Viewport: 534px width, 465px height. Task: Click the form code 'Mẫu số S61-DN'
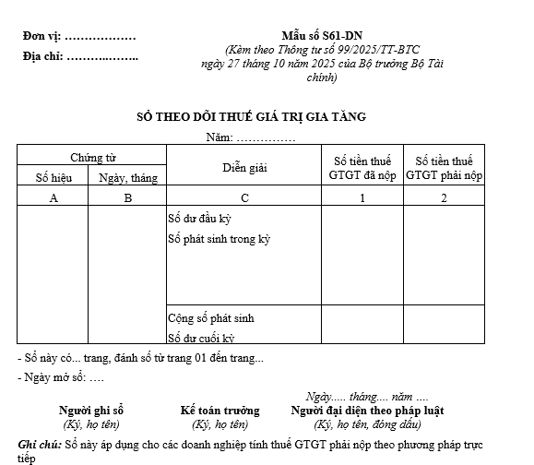click(315, 35)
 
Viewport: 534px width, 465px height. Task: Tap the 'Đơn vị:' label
click(42, 36)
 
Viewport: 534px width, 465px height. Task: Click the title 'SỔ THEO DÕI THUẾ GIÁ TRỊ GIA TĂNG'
click(252, 117)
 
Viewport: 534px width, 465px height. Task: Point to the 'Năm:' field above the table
click(219, 137)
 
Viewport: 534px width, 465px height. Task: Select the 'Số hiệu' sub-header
click(53, 177)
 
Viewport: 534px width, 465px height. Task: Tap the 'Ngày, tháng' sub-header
click(128, 177)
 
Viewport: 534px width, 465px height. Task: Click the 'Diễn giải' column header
click(243, 168)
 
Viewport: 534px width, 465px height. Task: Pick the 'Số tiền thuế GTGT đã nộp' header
click(362, 168)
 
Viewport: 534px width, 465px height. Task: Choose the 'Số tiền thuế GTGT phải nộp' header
click(444, 168)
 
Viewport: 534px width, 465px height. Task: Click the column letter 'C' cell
click(243, 197)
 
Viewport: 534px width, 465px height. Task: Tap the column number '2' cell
click(444, 197)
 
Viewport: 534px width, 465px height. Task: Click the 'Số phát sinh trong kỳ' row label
click(219, 240)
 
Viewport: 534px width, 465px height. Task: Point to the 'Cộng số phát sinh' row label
click(210, 318)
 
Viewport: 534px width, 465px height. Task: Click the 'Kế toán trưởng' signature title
click(220, 411)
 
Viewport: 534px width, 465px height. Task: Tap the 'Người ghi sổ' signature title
click(91, 411)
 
